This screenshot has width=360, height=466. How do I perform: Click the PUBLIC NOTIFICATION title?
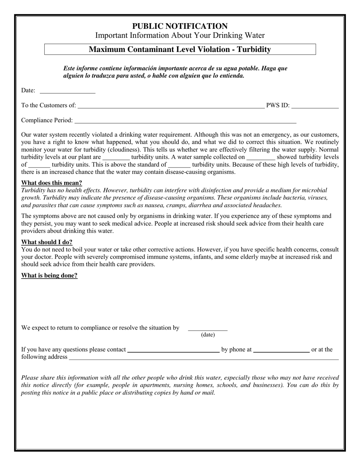click(180, 26)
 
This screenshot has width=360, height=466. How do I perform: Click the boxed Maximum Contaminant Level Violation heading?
click(180, 49)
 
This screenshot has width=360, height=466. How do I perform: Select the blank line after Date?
click(67, 91)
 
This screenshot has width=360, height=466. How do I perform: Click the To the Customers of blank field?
click(171, 106)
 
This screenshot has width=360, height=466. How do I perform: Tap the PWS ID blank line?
click(315, 106)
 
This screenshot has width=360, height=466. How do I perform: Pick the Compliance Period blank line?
click(185, 121)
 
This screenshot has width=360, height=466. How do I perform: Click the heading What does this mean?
click(52, 183)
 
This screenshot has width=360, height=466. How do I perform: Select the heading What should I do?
click(47, 242)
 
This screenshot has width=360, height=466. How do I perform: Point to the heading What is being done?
click(49, 275)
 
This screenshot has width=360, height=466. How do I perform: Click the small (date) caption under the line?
click(208, 335)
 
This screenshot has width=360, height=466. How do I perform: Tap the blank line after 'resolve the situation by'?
click(208, 329)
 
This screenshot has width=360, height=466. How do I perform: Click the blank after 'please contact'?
click(174, 350)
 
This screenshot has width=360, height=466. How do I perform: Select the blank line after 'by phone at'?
click(281, 350)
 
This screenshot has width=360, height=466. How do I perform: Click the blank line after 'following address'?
click(203, 358)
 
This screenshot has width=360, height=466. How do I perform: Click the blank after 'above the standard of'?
click(179, 166)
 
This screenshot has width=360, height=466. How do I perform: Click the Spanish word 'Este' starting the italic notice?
click(69, 69)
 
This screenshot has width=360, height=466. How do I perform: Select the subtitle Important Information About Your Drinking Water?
click(180, 36)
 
